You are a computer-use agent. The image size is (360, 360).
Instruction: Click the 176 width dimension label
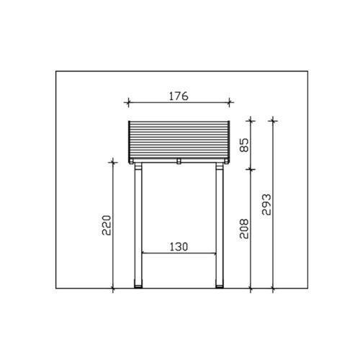179,96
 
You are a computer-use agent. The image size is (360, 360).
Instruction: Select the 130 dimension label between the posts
179,247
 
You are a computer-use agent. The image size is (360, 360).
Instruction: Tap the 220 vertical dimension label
107,225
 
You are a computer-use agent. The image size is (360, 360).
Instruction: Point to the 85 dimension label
245,145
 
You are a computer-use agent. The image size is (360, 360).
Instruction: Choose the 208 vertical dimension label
245,228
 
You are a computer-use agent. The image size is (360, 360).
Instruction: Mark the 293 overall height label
266,204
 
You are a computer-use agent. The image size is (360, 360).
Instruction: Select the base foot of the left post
138,287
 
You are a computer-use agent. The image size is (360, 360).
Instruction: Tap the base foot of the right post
220,287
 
